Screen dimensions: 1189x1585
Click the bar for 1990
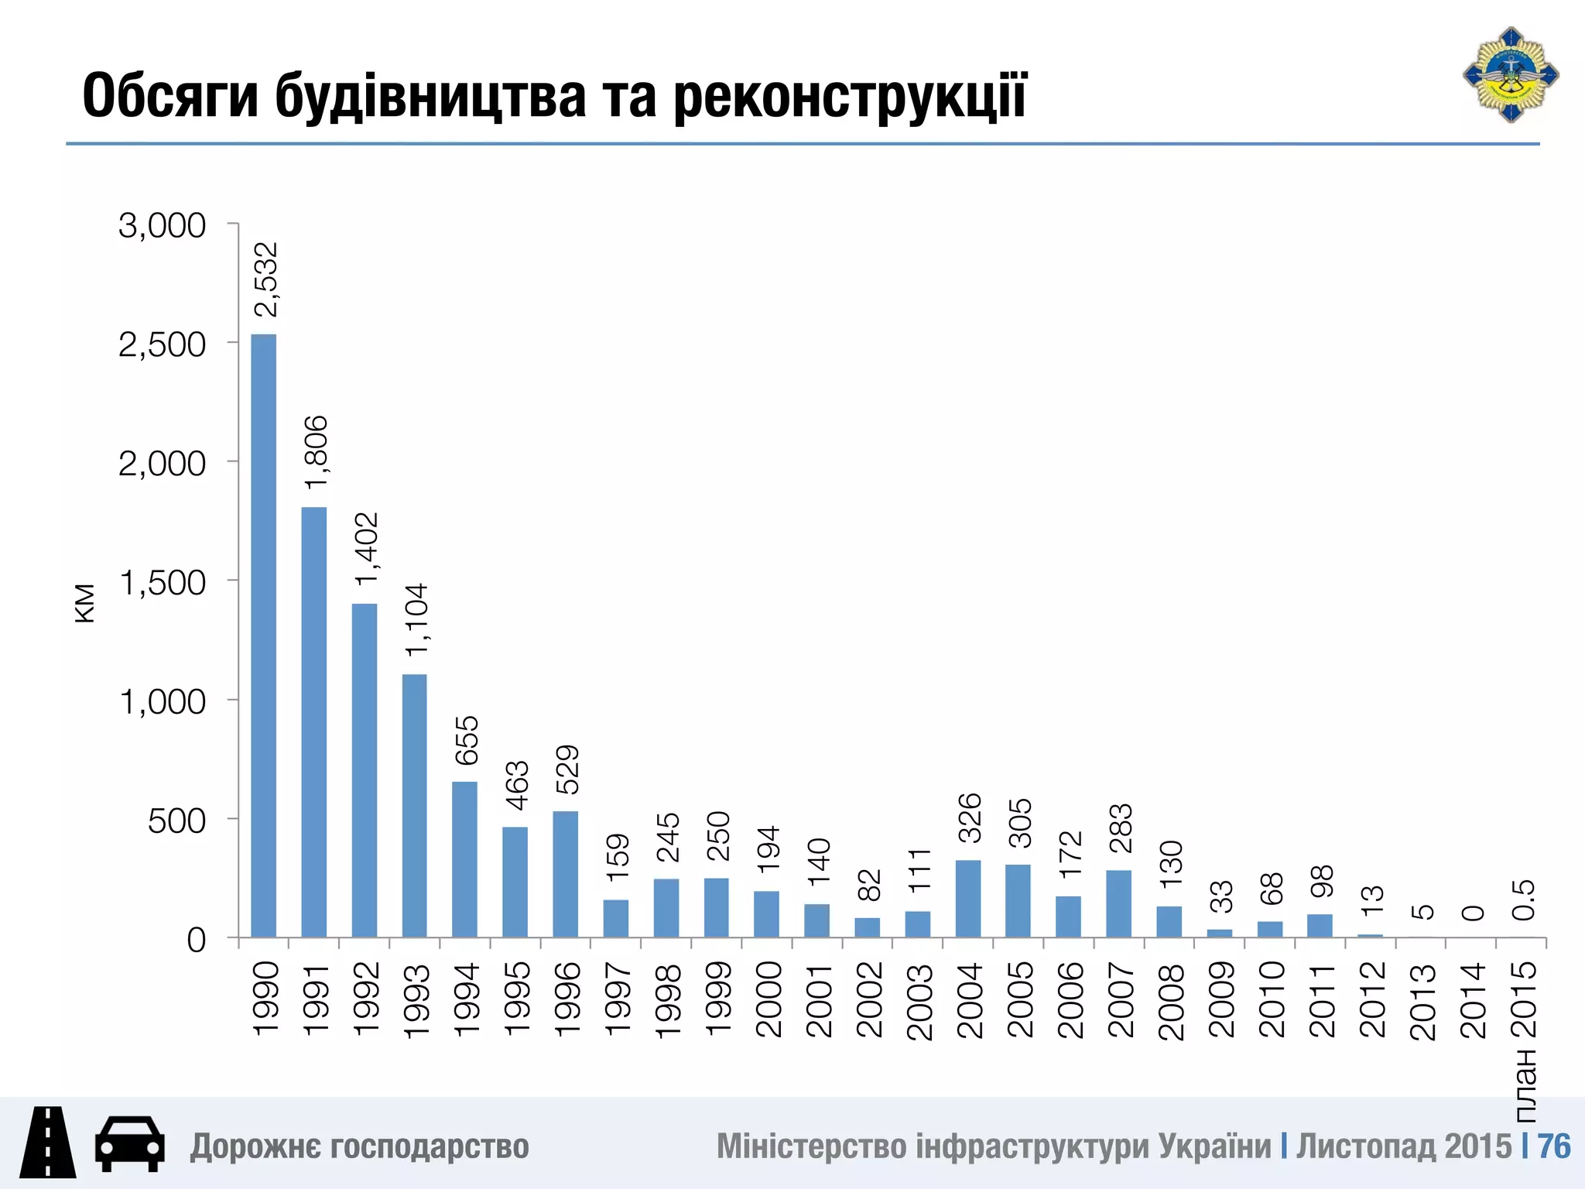coord(263,635)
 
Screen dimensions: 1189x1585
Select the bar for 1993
coord(414,805)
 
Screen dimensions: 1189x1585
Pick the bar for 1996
coord(565,874)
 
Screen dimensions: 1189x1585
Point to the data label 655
coord(467,741)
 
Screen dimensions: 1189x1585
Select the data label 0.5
coord(1523,899)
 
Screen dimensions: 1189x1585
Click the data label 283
coord(1121,828)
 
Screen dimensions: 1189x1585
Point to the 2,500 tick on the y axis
coord(162,344)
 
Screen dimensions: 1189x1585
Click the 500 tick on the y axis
coord(176,821)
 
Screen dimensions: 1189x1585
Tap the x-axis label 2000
coord(768,999)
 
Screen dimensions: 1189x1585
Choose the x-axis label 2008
coord(1170,1001)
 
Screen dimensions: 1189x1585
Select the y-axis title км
coord(84,603)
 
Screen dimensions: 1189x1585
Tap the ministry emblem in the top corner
coord(1510,75)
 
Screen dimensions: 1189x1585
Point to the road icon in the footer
coord(48,1142)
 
